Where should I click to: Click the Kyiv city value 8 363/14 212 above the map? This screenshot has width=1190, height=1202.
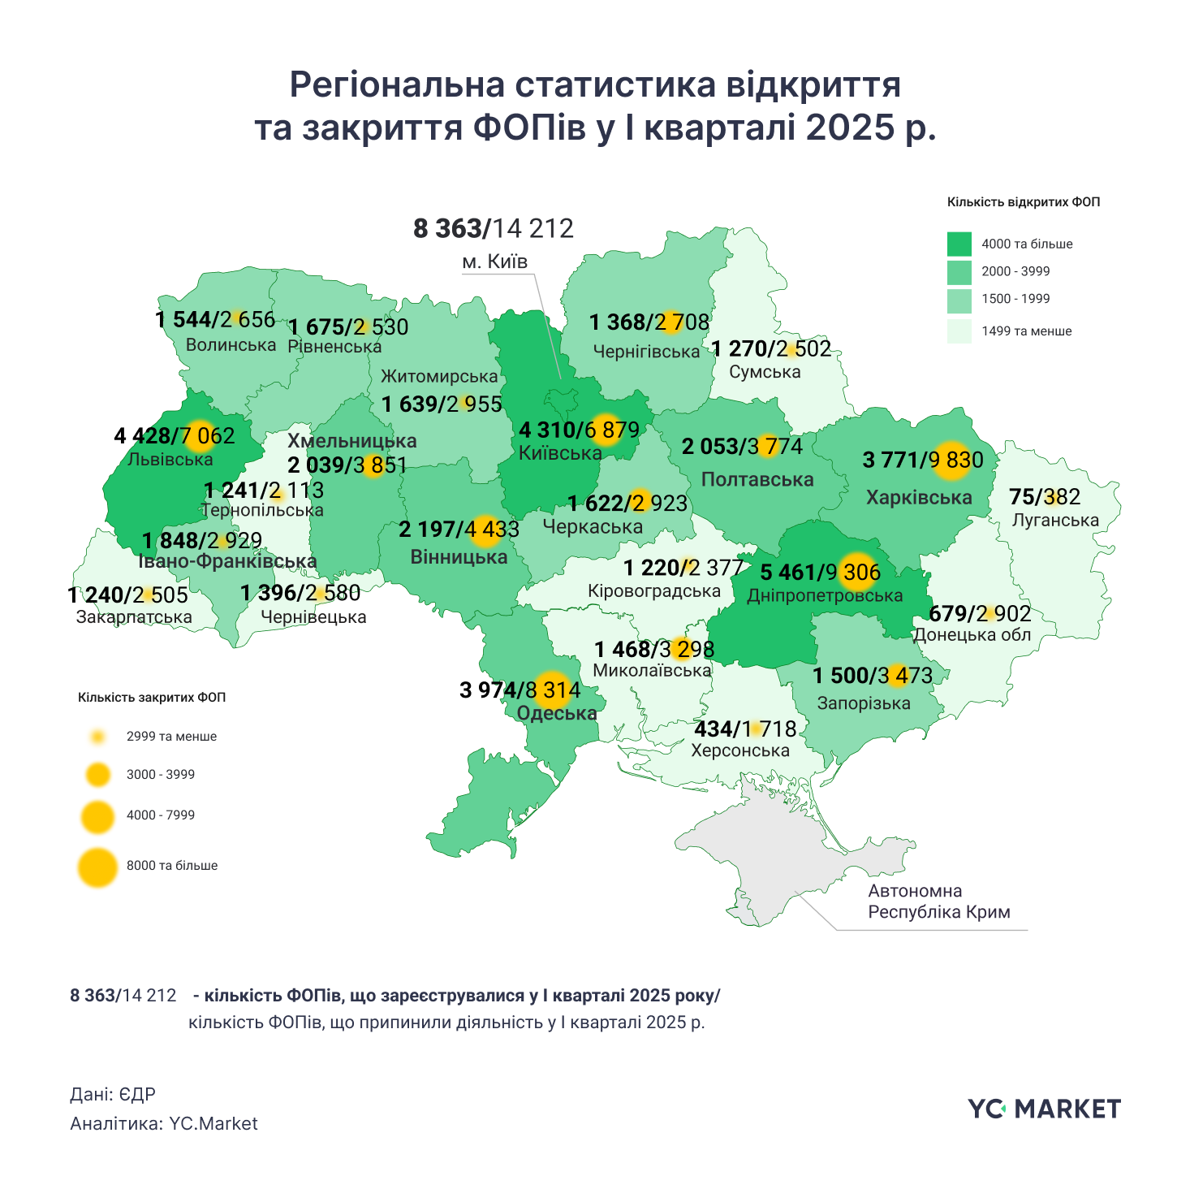click(494, 229)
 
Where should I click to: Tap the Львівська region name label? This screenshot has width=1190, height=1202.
click(170, 460)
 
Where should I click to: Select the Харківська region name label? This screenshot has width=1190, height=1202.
click(919, 497)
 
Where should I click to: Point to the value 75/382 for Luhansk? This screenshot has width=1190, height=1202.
click(1045, 496)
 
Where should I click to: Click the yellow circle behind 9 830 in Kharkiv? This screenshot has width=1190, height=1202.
click(951, 460)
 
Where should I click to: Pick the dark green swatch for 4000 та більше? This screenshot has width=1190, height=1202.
click(959, 244)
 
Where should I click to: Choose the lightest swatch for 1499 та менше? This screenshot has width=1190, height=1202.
click(959, 331)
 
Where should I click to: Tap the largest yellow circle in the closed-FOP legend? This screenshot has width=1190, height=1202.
click(97, 867)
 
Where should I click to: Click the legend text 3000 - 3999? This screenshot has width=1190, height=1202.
click(161, 775)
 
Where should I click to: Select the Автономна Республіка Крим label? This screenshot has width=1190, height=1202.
click(938, 901)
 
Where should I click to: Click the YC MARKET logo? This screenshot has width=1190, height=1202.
click(1044, 1109)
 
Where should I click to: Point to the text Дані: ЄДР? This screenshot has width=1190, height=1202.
click(113, 1095)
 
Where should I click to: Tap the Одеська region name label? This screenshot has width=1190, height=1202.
click(557, 714)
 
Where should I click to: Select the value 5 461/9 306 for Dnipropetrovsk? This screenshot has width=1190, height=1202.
click(820, 573)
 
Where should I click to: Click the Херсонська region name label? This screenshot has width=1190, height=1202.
click(739, 750)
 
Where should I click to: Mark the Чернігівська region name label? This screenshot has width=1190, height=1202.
click(646, 352)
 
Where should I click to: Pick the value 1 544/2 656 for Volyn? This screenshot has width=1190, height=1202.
click(215, 320)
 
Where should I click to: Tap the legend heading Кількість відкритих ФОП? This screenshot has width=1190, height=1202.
click(1023, 202)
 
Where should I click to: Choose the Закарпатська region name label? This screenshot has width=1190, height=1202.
click(134, 617)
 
